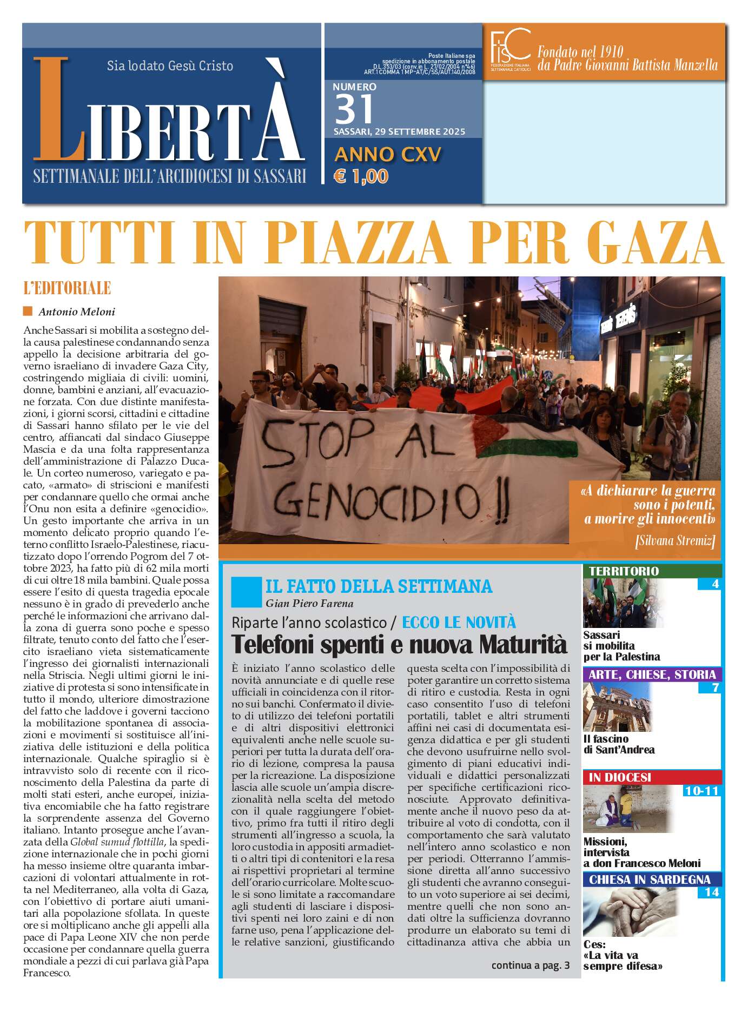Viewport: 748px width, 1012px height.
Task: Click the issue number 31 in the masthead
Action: (x=354, y=109)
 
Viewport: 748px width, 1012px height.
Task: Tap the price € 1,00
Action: (x=361, y=176)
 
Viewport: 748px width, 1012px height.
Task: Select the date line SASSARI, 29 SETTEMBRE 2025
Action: (x=399, y=132)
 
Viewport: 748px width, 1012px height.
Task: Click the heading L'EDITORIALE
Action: (x=67, y=288)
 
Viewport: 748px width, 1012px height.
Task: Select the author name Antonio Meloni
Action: (x=76, y=312)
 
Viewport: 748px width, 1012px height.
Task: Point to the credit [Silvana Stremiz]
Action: (x=675, y=540)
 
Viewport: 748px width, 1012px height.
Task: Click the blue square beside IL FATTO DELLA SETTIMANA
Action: (x=246, y=592)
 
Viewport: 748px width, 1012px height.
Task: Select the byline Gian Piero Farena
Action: (x=309, y=604)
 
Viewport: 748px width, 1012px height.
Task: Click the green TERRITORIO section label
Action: (x=624, y=571)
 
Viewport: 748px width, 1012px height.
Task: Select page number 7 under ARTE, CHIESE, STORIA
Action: (x=715, y=687)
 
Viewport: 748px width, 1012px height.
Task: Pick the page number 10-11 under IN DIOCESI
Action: (x=701, y=791)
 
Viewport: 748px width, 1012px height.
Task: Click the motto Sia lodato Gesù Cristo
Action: (x=170, y=66)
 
